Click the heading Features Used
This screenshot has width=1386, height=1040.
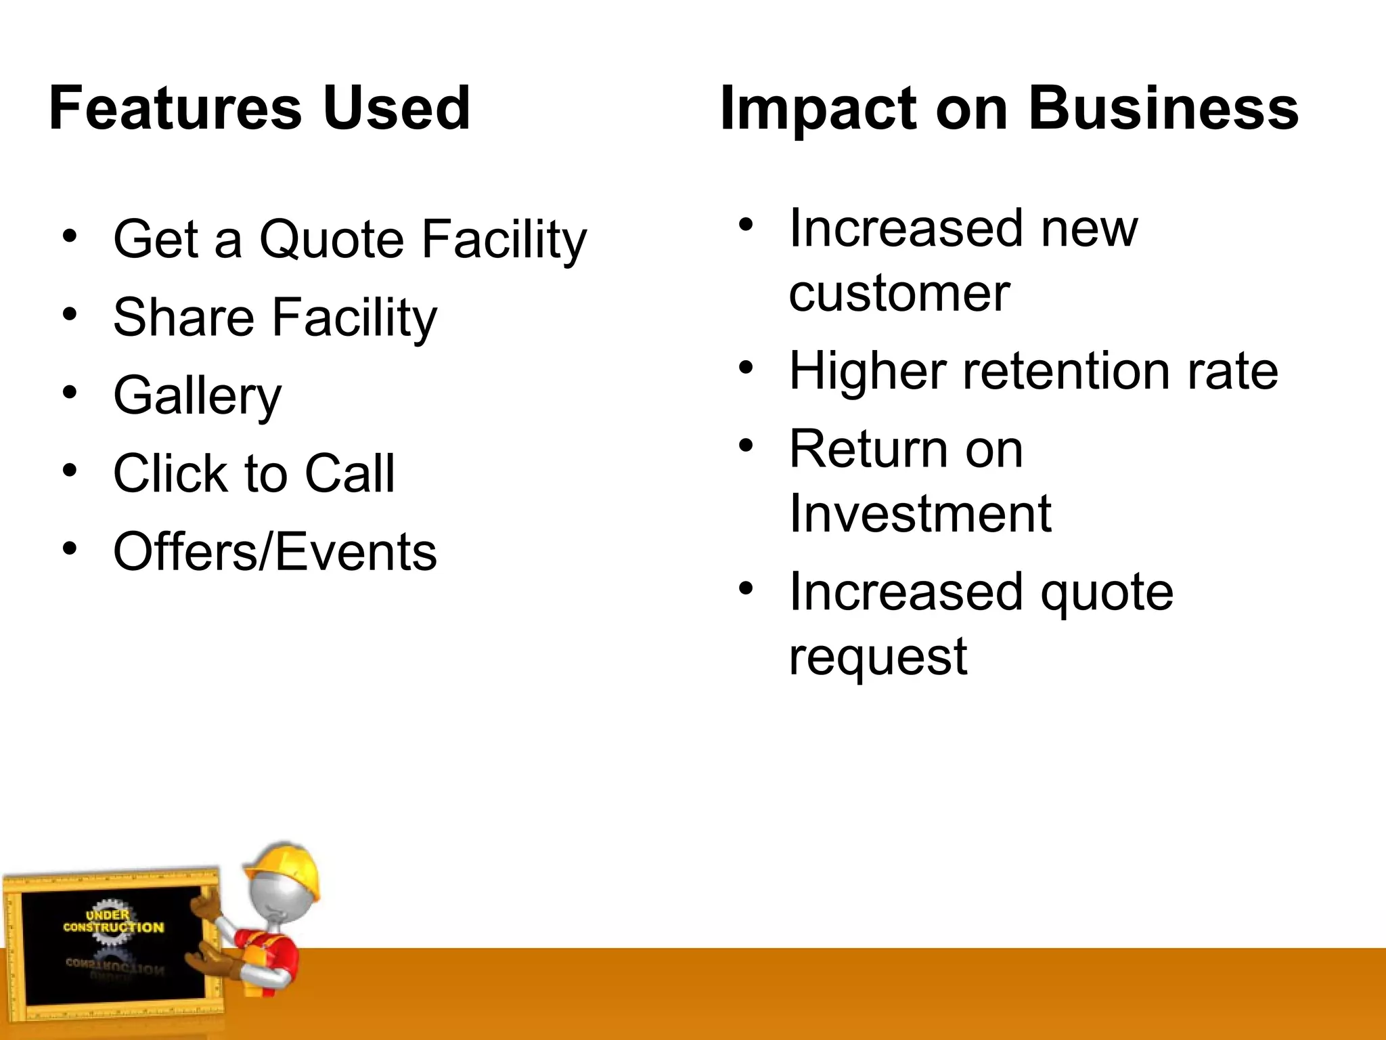click(x=259, y=108)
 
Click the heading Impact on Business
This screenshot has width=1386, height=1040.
click(x=1008, y=108)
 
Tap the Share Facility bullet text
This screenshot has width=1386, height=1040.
click(x=275, y=317)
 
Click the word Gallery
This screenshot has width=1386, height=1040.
click(x=197, y=395)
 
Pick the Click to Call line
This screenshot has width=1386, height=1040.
click(x=254, y=473)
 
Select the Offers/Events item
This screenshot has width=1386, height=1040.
click(x=275, y=551)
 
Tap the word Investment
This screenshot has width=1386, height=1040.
click(x=920, y=514)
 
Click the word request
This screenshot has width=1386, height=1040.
click(x=878, y=656)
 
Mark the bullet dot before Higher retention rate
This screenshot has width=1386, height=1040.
click(x=745, y=368)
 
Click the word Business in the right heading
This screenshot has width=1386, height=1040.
click(x=1163, y=108)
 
